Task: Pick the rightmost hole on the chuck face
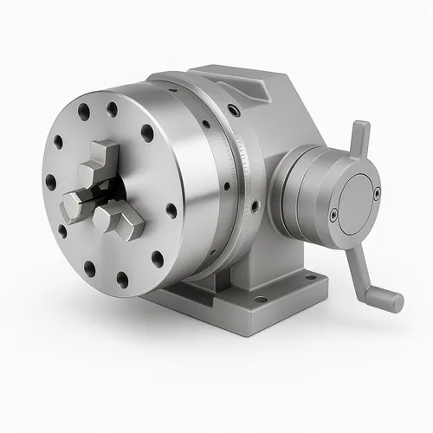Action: pyautogui.click(x=171, y=210)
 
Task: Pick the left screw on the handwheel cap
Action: pyautogui.click(x=333, y=213)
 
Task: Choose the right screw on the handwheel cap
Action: pyautogui.click(x=376, y=193)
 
